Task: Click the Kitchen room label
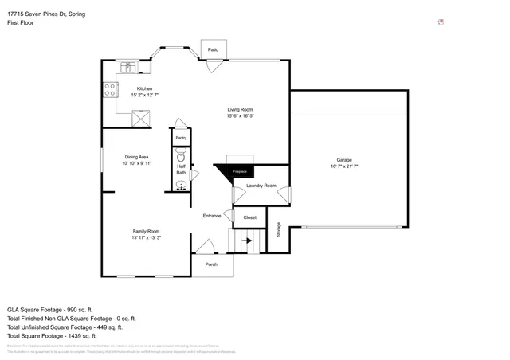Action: click(x=144, y=88)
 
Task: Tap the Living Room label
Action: click(x=240, y=110)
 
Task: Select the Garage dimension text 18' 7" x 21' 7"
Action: click(x=344, y=166)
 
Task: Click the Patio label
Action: click(x=213, y=49)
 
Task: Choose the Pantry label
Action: click(x=181, y=138)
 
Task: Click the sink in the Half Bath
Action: click(x=181, y=185)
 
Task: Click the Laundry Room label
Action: click(x=261, y=186)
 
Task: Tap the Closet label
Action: click(x=249, y=217)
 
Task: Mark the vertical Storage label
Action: click(x=279, y=229)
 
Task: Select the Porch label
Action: click(x=211, y=264)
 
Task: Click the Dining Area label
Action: click(x=136, y=157)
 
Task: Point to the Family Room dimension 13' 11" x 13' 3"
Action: click(x=146, y=237)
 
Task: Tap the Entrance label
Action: click(x=212, y=216)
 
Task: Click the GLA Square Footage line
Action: click(x=50, y=309)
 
